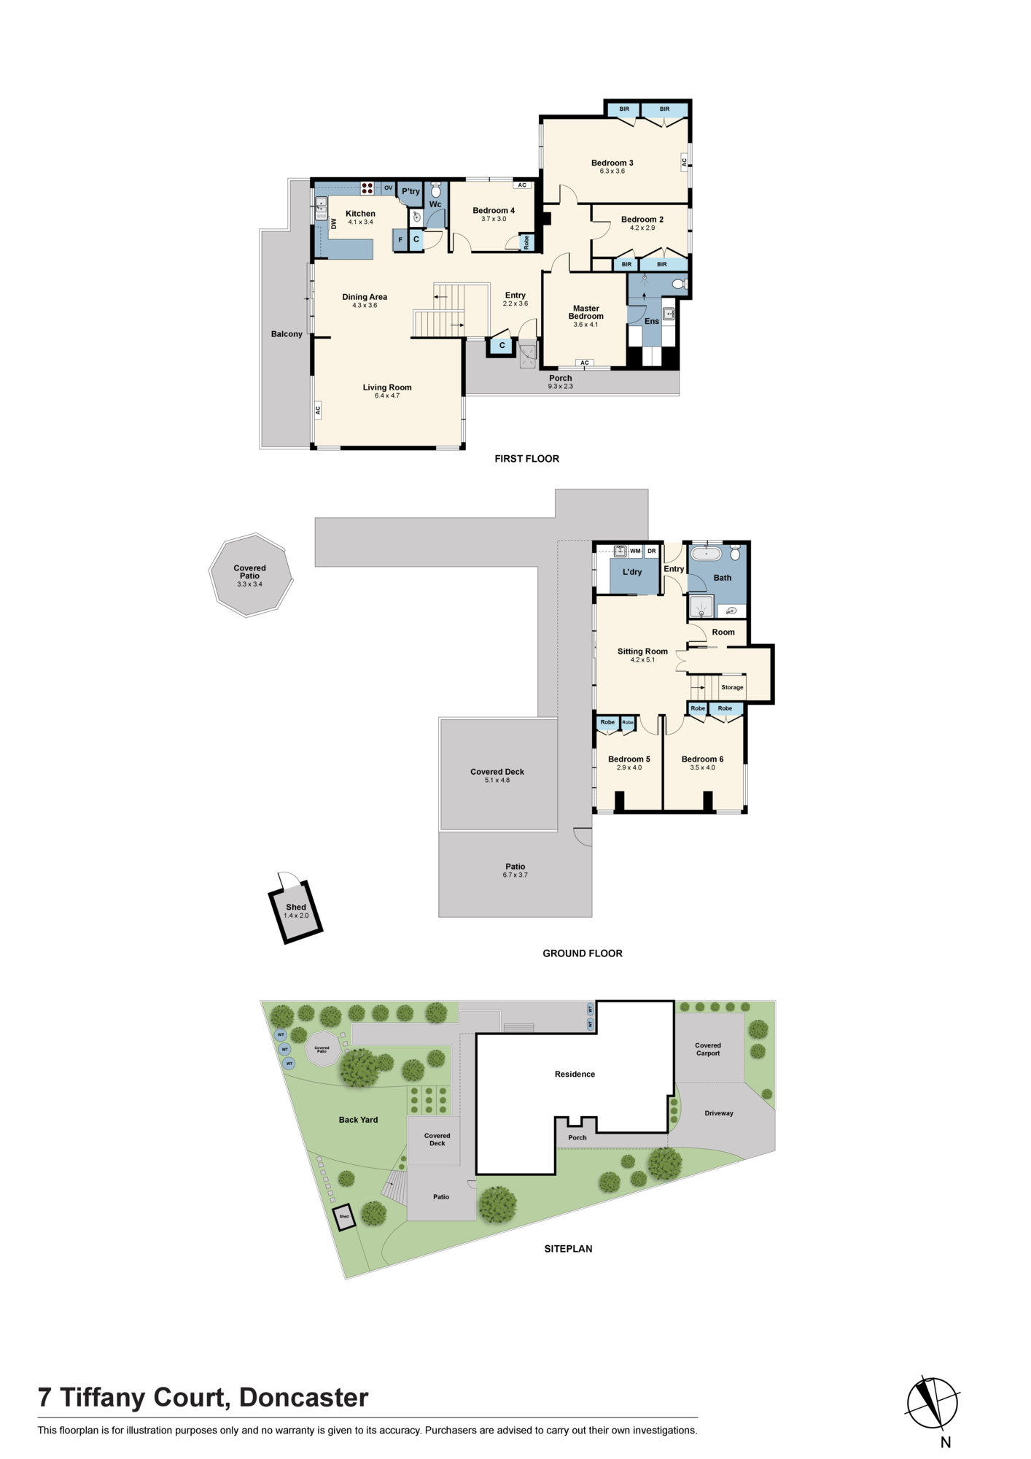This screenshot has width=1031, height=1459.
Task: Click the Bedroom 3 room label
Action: (612, 163)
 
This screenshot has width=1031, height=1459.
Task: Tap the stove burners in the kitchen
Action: (367, 188)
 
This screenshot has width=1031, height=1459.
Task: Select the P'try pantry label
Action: (411, 192)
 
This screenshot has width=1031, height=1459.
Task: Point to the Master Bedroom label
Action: (586, 312)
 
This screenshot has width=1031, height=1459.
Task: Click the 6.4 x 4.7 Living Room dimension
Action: (387, 395)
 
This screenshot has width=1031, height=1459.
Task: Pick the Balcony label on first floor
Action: (287, 334)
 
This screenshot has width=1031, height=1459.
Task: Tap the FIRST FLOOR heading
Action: (526, 459)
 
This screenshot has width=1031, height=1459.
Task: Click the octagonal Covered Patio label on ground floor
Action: (249, 572)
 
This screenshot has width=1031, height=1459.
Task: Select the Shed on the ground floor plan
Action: (296, 911)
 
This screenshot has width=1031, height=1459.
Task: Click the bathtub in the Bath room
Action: (706, 554)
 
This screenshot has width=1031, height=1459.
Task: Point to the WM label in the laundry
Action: (635, 551)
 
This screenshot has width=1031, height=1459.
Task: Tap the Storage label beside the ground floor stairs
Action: (732, 687)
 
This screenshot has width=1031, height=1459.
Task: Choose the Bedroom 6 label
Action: (702, 759)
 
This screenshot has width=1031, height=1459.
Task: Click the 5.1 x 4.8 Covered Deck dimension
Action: (497, 780)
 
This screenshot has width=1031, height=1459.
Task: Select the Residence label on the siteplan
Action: (575, 1074)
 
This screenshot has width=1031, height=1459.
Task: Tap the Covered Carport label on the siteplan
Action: (708, 1049)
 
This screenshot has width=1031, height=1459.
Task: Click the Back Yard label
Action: (358, 1120)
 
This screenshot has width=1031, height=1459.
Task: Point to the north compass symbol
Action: (932, 1403)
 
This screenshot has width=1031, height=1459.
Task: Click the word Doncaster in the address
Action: (303, 1398)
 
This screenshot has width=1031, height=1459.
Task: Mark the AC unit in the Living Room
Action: (318, 411)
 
